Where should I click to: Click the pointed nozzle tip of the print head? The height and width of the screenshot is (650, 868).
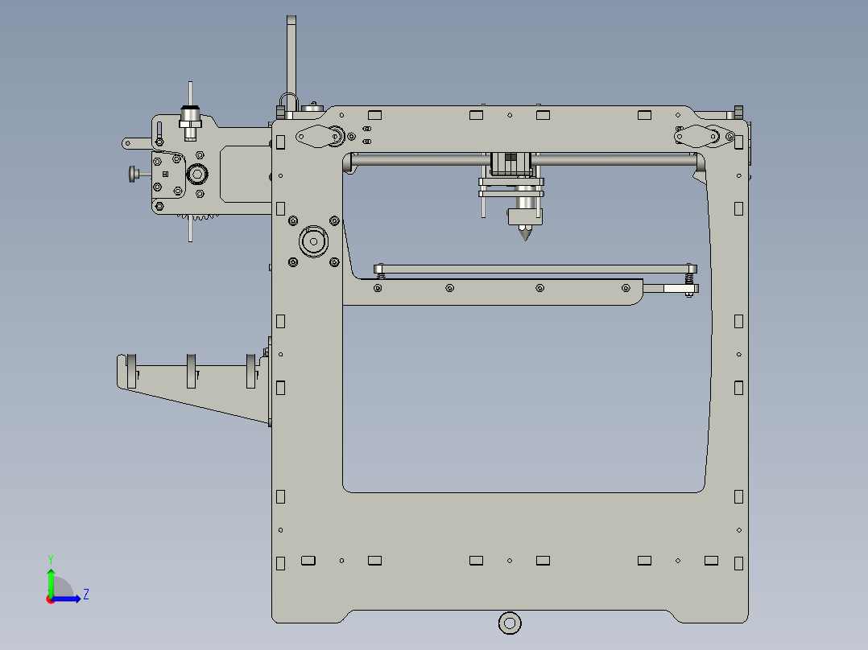(x=525, y=236)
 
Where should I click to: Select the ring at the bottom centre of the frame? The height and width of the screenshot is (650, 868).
(x=509, y=622)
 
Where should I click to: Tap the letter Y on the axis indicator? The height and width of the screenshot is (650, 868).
(x=50, y=558)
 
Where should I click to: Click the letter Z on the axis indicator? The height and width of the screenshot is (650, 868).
(x=85, y=594)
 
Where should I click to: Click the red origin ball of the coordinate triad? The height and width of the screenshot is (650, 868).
(x=50, y=599)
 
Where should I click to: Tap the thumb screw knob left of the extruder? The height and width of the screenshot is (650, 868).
(x=132, y=173)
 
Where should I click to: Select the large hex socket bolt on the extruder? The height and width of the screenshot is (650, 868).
(x=197, y=175)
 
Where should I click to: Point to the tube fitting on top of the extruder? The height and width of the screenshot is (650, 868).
(x=190, y=117)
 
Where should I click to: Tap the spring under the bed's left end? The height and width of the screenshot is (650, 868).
(x=380, y=276)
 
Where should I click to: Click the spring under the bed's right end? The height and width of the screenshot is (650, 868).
(x=690, y=278)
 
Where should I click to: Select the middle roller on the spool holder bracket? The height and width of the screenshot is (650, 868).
(x=192, y=370)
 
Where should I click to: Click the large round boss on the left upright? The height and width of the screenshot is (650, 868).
(x=313, y=239)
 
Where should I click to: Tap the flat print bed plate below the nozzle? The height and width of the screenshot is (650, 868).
(x=535, y=268)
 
